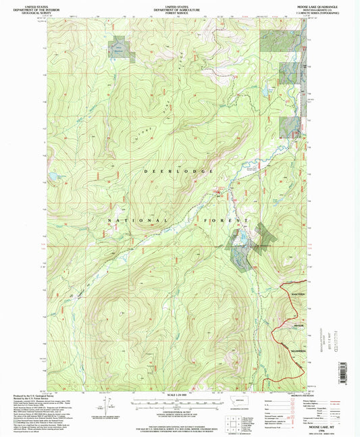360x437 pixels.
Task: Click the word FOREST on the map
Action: (232, 221)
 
